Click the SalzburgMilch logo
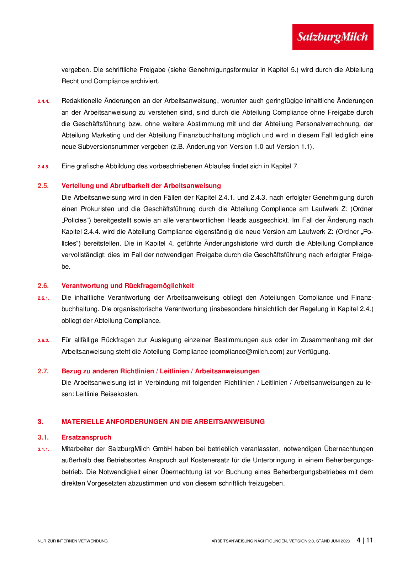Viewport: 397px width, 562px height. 333,37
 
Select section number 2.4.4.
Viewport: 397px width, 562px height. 43,101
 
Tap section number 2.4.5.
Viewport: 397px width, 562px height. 43,167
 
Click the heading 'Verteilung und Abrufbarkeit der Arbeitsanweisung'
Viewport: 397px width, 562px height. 141,186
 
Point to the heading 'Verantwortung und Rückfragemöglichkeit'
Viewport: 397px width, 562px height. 127,286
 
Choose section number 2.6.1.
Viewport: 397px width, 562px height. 43,298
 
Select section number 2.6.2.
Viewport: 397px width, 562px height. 43,341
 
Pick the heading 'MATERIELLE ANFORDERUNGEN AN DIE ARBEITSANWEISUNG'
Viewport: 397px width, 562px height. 163,422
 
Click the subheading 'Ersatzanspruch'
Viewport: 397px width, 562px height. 86,437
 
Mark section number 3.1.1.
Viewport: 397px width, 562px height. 43,450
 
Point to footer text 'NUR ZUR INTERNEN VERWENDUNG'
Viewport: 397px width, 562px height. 73,541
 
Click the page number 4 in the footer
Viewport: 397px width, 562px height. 359,540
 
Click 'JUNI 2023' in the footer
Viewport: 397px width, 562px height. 340,541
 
